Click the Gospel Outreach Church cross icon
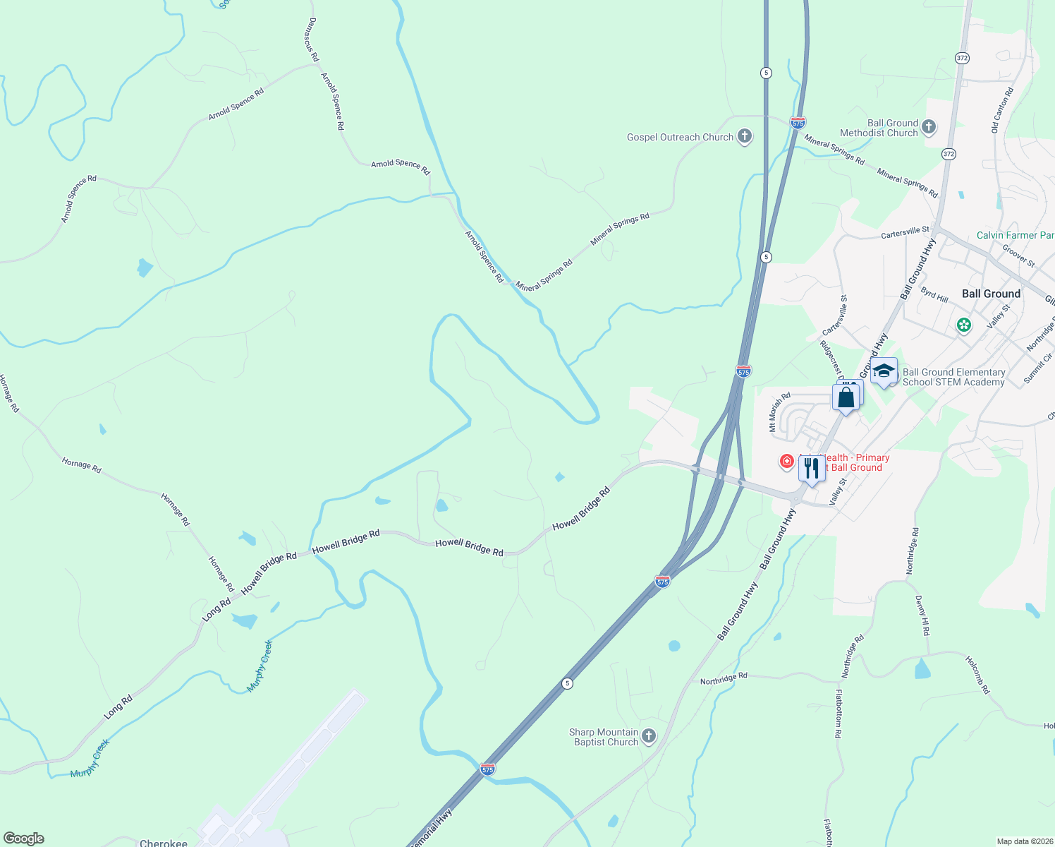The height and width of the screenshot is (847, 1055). tap(744, 136)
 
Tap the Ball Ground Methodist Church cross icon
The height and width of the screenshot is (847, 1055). tap(929, 127)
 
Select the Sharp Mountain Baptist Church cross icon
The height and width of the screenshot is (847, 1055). tap(648, 736)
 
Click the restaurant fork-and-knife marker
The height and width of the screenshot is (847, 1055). tap(812, 468)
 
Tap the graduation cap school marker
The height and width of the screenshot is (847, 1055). tap(884, 371)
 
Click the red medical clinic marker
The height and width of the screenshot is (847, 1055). tap(786, 462)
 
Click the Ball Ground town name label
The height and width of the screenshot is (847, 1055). tap(991, 294)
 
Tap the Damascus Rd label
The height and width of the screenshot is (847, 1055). tap(313, 40)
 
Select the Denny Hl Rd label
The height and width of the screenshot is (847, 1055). tap(922, 615)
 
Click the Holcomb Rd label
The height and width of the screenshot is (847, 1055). tap(977, 675)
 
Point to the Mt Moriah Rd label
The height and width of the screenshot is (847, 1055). tap(779, 412)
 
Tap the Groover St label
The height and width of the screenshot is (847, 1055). tap(1018, 256)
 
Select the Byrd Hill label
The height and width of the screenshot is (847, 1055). tap(934, 295)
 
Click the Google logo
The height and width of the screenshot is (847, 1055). tap(24, 839)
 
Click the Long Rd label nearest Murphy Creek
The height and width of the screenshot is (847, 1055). tap(118, 707)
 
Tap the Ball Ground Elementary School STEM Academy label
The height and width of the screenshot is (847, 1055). tap(953, 377)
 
